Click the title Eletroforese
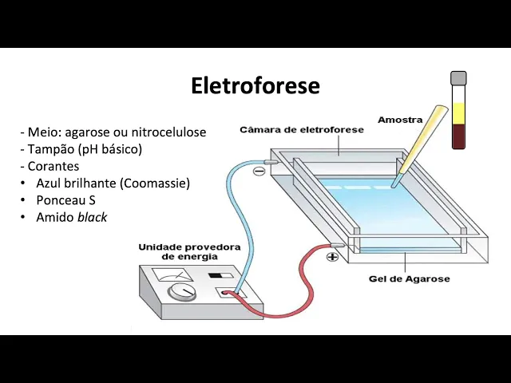click(255, 85)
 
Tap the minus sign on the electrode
click(259, 170)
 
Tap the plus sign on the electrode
click(332, 257)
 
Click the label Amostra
click(400, 120)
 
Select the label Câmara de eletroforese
click(302, 129)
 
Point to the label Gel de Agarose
click(409, 278)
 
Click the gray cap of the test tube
click(458, 78)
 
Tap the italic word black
click(92, 217)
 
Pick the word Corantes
click(53, 167)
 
